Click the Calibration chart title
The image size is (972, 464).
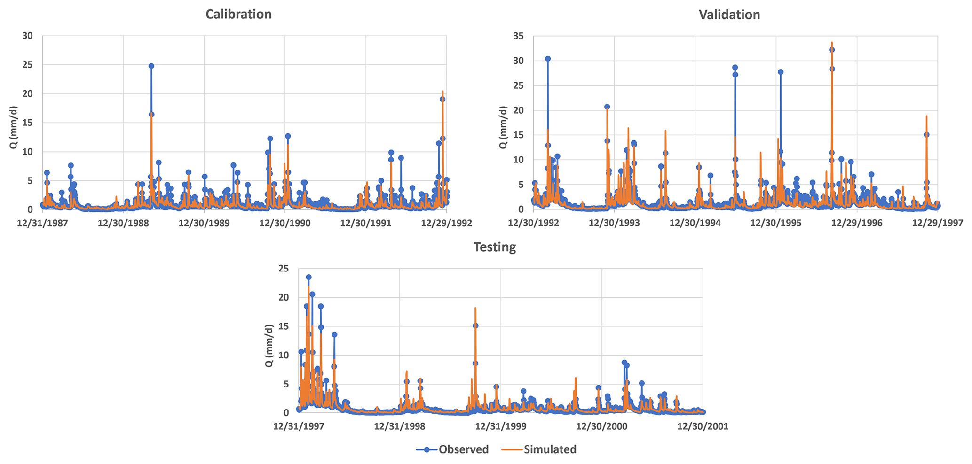coord(238,15)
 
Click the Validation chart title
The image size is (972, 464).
coord(729,15)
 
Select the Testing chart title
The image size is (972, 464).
coord(495,247)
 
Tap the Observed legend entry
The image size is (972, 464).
coord(452,449)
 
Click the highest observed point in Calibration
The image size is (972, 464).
coord(151,66)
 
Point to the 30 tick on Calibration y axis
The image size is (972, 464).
coord(28,36)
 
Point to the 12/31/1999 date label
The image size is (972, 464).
coord(501,426)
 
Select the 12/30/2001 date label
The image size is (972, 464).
coord(703,426)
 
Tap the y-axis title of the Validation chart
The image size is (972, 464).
coord(503,127)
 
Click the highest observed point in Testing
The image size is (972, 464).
coord(308,278)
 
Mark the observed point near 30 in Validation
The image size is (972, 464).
coord(548,59)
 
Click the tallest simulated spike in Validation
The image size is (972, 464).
coord(832,42)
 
